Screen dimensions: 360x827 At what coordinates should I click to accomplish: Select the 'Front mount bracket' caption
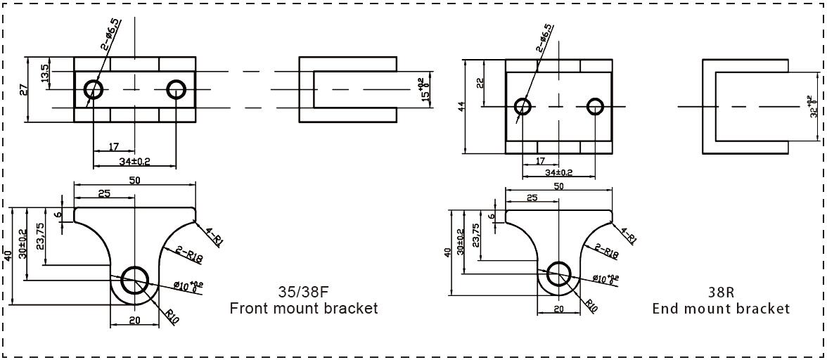coord(303,308)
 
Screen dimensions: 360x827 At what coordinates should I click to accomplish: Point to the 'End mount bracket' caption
coord(720,308)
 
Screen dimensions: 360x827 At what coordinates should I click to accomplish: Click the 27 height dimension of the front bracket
coord(23,89)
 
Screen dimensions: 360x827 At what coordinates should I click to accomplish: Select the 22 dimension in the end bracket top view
coord(480,83)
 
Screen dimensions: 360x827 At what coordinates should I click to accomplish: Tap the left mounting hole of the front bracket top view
coord(94,89)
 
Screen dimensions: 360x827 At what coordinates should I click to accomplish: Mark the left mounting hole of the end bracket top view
coord(523,107)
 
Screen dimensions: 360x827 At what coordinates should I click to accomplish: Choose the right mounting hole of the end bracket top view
coord(596,107)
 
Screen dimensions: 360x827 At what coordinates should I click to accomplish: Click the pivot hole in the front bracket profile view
coord(134,281)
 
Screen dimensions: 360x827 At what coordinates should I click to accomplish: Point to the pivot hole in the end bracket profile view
coord(560,274)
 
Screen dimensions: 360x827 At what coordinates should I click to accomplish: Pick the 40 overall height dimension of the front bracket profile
coord(8,256)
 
